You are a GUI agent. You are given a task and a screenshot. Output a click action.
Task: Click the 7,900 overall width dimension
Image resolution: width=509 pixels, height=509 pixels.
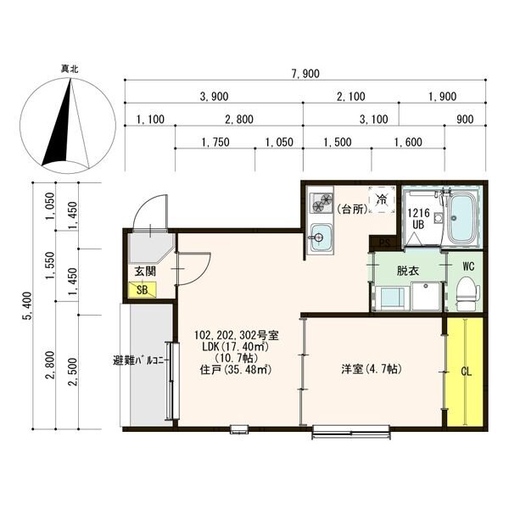click(305, 74)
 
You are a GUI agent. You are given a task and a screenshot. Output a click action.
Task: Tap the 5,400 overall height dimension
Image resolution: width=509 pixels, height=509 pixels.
click(29, 305)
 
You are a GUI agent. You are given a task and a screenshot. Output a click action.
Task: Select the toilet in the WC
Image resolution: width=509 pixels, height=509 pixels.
click(467, 294)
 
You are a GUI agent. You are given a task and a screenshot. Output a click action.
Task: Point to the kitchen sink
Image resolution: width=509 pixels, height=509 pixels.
click(322, 237)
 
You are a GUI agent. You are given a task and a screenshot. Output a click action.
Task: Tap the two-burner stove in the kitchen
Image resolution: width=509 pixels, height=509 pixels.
click(322, 202)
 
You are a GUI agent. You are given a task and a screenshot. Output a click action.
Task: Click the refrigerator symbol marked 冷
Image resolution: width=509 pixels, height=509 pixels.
click(382, 199)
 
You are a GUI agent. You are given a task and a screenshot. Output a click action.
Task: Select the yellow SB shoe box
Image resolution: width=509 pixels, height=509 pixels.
click(143, 290)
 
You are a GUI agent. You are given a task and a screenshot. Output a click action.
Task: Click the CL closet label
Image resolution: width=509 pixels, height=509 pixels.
click(466, 372)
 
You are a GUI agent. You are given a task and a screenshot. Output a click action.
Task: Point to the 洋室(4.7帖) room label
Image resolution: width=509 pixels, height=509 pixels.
click(372, 369)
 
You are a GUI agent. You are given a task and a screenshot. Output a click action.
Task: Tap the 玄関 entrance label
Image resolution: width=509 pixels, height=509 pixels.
click(145, 271)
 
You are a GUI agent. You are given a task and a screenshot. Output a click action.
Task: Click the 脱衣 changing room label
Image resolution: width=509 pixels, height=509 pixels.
click(408, 271)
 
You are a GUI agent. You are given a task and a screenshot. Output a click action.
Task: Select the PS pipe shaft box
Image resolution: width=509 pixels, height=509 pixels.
click(384, 243)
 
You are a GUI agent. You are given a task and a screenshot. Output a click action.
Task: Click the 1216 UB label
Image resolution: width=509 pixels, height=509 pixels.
click(418, 219)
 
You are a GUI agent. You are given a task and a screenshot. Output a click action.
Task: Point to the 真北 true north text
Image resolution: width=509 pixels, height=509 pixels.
click(70, 69)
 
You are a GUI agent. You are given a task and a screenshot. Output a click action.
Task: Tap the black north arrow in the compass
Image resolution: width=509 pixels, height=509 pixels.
click(59, 130)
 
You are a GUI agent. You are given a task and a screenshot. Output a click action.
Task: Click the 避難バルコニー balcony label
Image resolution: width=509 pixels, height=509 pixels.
click(142, 361)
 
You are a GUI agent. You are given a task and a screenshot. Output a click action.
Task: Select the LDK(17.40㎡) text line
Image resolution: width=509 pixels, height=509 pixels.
click(236, 346)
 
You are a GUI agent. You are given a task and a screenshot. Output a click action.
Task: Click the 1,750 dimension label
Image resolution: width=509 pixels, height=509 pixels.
click(215, 143)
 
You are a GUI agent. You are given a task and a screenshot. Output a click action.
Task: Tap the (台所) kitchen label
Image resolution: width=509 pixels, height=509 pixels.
click(352, 210)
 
